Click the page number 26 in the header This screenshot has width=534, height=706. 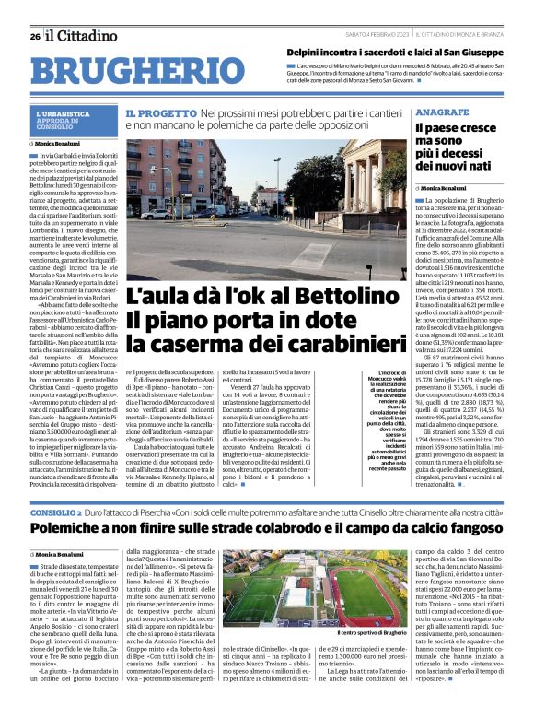point(34,36)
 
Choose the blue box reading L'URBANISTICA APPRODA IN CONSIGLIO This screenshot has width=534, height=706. point(70,120)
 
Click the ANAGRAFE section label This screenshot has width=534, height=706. point(441,111)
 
